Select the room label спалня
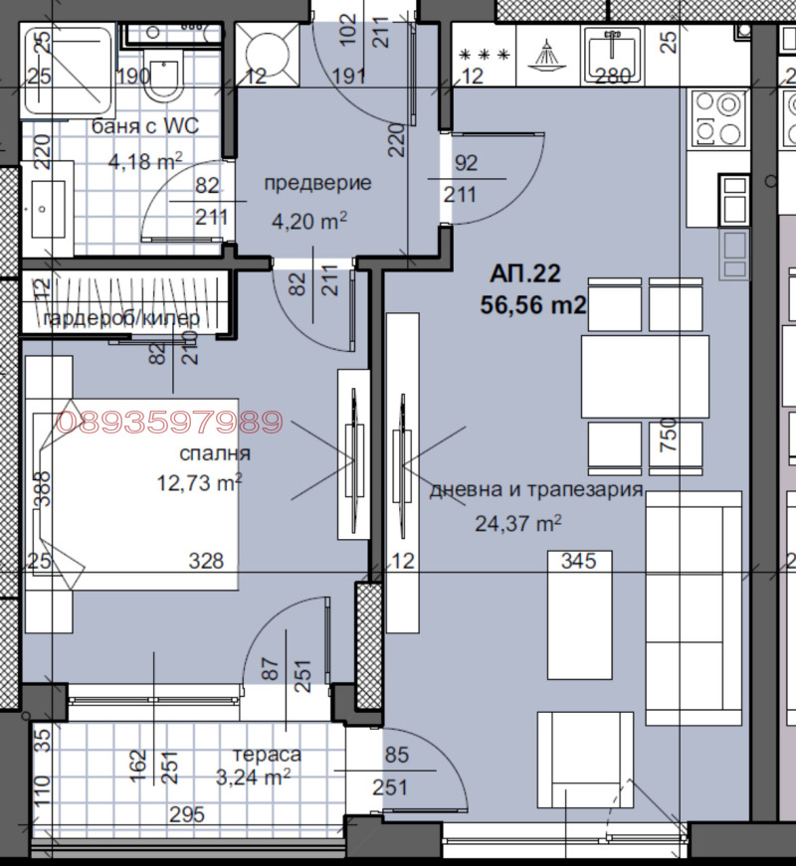coord(215,453)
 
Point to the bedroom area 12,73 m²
coord(200,482)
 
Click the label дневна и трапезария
coord(536,491)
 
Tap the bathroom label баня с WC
coord(145,126)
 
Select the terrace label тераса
coord(267,755)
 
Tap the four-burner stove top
coord(717,118)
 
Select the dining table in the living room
coord(645,377)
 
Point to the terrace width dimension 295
coord(187,815)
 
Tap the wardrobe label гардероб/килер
coord(121,318)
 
